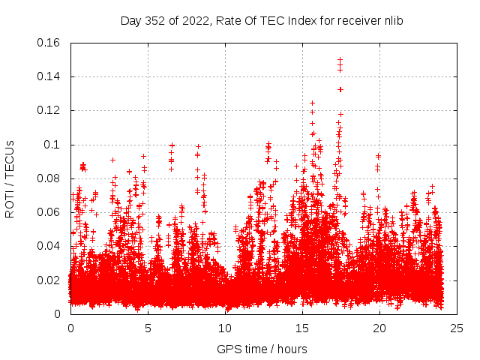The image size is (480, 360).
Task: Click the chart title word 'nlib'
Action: [x=393, y=21]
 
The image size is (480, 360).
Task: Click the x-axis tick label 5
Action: [x=148, y=328]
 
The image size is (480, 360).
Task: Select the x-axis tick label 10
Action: [x=225, y=328]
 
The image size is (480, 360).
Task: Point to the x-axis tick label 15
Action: [x=302, y=328]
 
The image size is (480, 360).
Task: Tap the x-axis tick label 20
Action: [x=379, y=328]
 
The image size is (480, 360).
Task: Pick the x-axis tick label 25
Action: [x=457, y=328]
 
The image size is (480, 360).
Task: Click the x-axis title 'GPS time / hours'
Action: [x=262, y=349]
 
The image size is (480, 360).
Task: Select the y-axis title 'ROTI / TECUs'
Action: [x=10, y=178]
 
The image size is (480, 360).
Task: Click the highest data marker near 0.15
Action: [x=340, y=60]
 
